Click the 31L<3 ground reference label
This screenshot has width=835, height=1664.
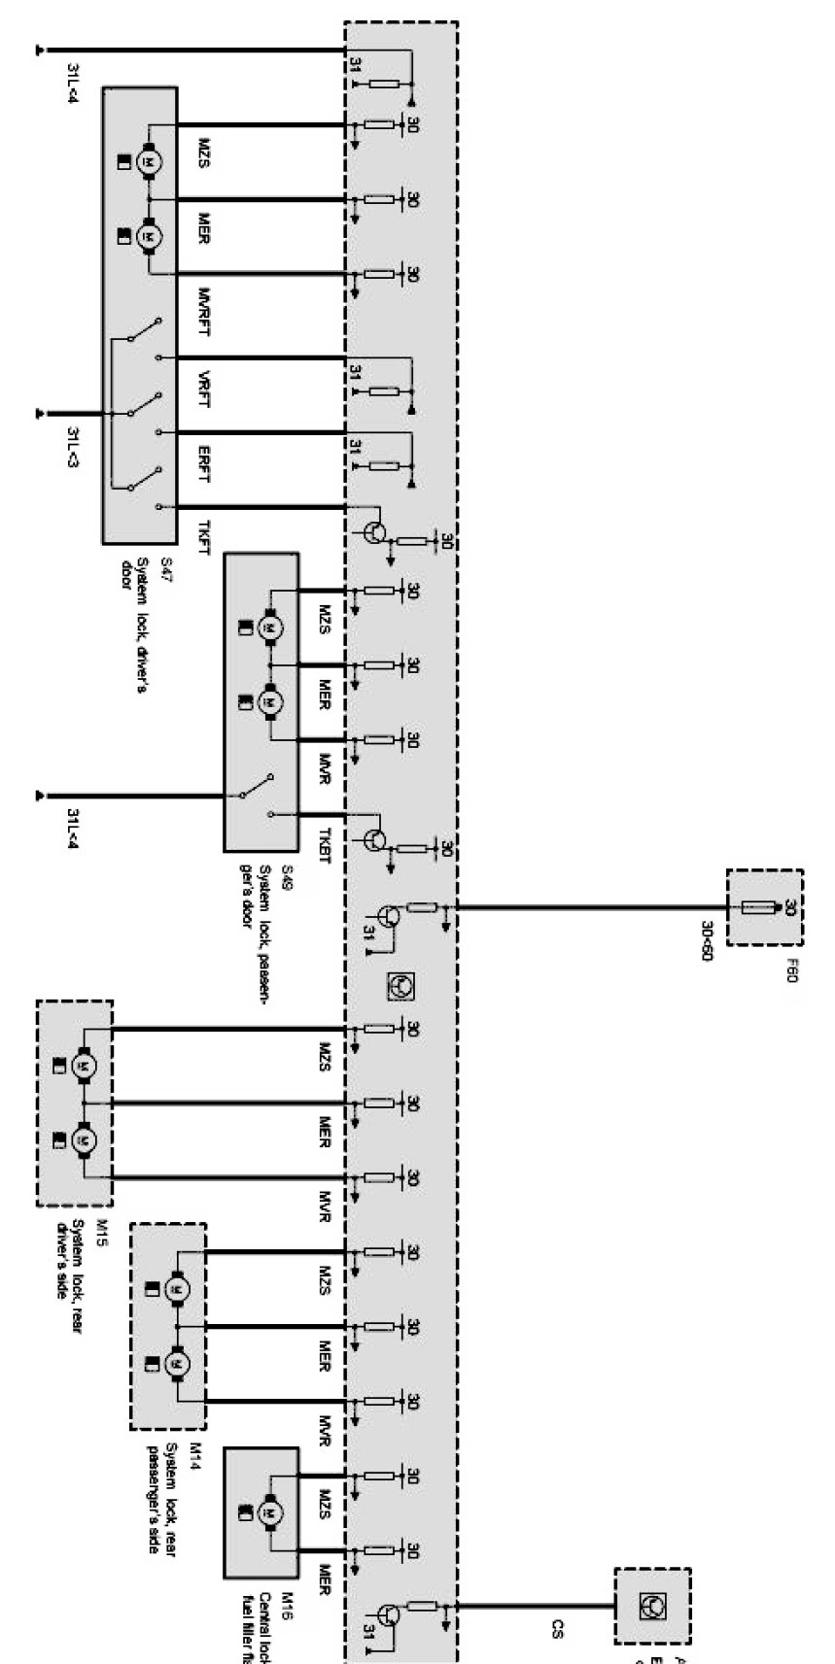pyautogui.click(x=72, y=446)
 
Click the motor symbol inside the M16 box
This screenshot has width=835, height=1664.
pyautogui.click(x=269, y=1511)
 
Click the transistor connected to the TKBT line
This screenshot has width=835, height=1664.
pyautogui.click(x=376, y=839)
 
